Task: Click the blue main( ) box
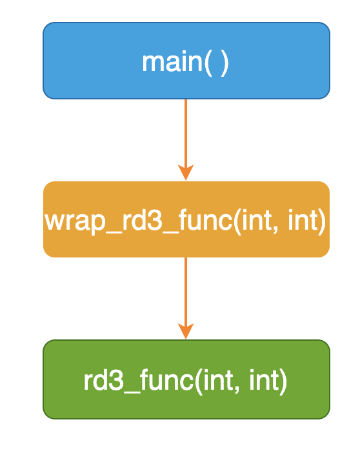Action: [x=186, y=61]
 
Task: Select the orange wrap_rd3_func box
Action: [x=186, y=219]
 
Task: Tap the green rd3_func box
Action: [x=186, y=379]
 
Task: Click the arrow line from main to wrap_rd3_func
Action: [x=186, y=140]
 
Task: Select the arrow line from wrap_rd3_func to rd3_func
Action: [x=186, y=298]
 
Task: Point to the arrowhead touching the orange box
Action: [x=186, y=172]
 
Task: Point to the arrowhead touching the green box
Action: [x=186, y=331]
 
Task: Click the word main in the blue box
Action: [x=172, y=62]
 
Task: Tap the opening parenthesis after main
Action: [x=208, y=64]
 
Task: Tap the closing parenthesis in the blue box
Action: [x=225, y=64]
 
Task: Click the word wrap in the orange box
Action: [x=75, y=222]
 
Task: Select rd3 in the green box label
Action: [x=103, y=380]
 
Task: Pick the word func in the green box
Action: [x=167, y=380]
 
